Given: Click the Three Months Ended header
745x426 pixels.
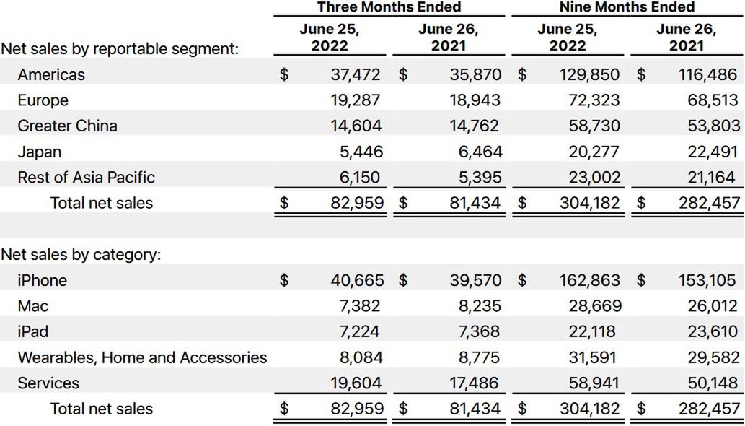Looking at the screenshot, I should pos(389,7).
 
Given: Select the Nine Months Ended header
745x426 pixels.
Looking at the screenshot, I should pos(627,7).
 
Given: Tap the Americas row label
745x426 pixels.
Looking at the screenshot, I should pos(51,74).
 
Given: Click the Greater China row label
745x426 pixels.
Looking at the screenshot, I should pos(67,126).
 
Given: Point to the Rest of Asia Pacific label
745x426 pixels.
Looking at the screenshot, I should pos(86,178).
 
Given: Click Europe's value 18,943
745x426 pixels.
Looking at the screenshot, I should pos(474,100).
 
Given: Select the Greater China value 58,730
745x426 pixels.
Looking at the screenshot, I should pos(594,126).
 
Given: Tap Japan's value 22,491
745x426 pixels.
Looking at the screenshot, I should pos(713,152).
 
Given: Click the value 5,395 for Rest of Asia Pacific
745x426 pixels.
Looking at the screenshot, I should pos(478,178).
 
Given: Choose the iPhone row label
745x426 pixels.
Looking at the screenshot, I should pos(42,280).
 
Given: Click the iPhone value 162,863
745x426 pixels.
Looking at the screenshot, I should pos(590,280).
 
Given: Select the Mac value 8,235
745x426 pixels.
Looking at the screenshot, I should pos(478,306).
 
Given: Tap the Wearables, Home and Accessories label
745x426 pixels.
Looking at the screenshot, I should pos(142,357).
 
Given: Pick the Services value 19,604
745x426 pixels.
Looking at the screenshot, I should pos(356,383).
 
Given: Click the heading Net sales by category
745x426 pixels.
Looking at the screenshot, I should pos(81,255).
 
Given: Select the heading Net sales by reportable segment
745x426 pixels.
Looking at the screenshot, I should pos(120,50).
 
